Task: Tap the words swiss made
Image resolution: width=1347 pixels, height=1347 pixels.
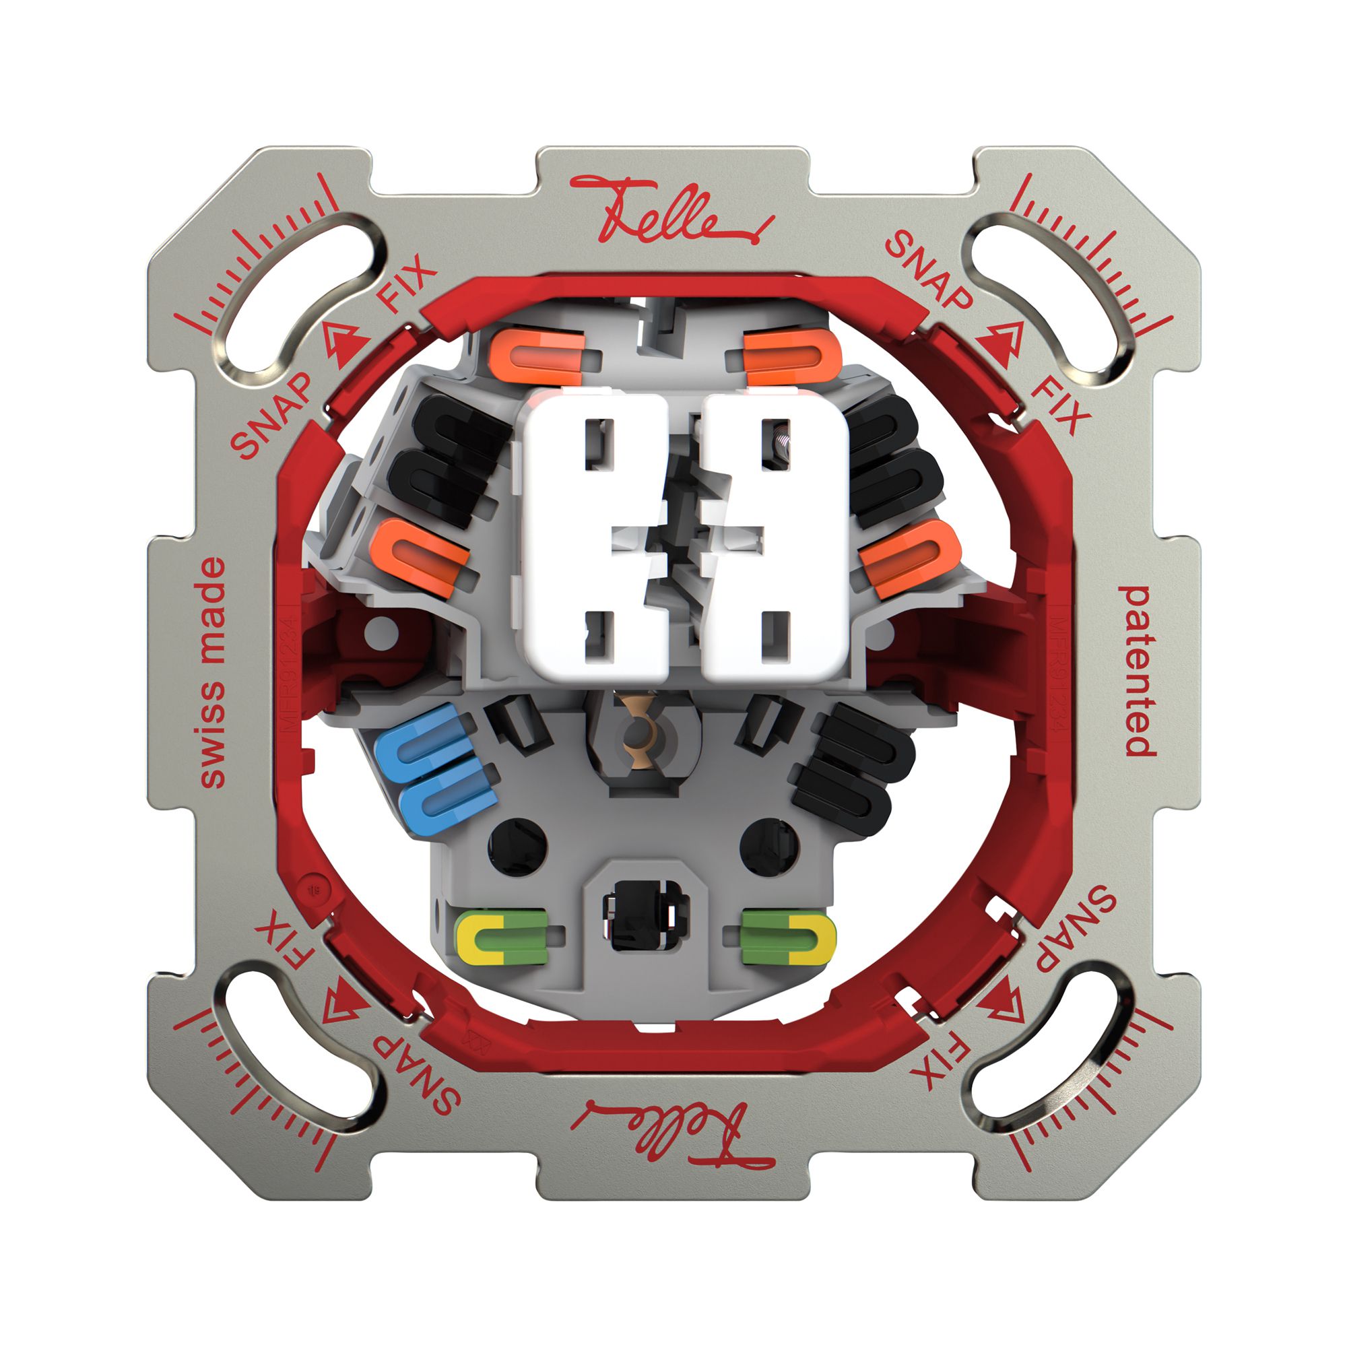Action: point(213,672)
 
